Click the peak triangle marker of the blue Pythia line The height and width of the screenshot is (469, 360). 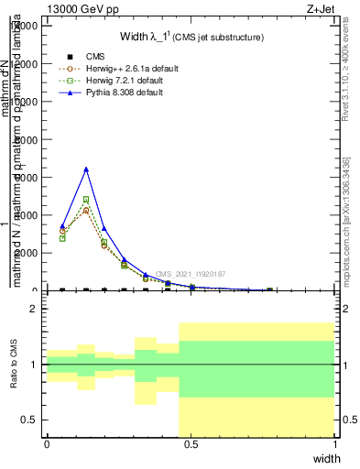pos(86,169)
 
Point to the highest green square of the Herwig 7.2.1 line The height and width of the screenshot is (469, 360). pos(86,199)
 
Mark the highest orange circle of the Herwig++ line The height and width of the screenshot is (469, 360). pos(86,210)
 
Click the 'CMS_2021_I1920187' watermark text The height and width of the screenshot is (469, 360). pos(189,274)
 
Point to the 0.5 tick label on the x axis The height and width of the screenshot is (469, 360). pos(191,444)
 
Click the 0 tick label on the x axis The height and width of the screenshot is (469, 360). pos(47,444)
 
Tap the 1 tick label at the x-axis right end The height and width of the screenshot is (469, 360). pos(335,444)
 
